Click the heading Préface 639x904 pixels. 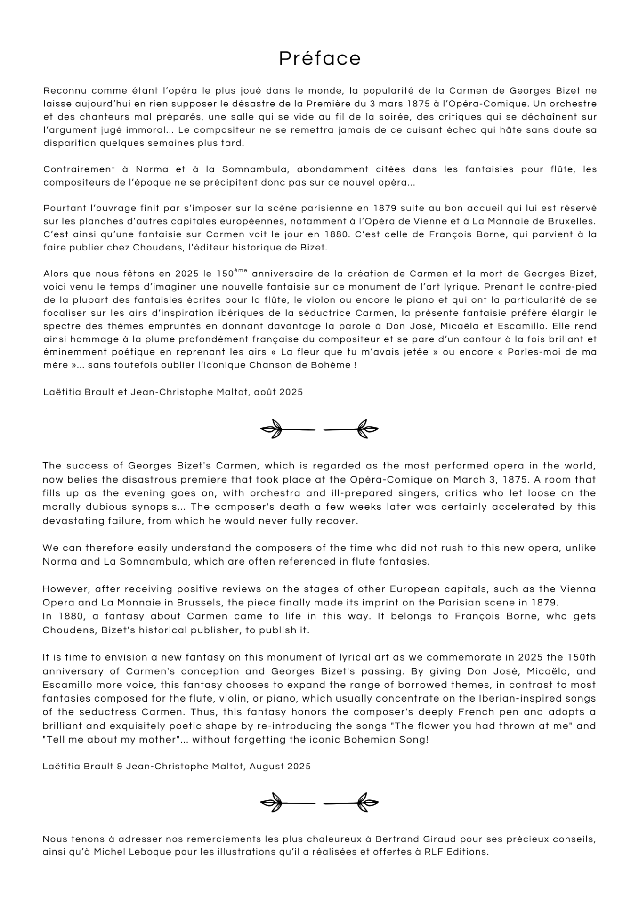pos(320,58)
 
